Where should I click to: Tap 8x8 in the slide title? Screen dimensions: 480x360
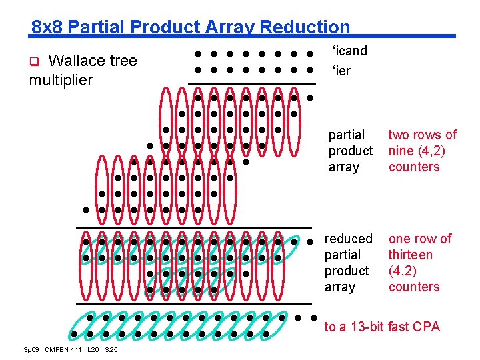47,27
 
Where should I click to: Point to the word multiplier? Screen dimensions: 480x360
61,80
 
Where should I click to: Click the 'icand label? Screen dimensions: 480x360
349,51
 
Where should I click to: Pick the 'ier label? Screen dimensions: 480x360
341,71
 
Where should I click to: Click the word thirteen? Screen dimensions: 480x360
410,255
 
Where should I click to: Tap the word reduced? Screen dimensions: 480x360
348,239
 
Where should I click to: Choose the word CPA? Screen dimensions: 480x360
426,327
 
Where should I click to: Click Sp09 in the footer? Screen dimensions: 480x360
31,350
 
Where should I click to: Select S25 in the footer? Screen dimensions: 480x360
111,350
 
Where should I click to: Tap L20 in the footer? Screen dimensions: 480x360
94,350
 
